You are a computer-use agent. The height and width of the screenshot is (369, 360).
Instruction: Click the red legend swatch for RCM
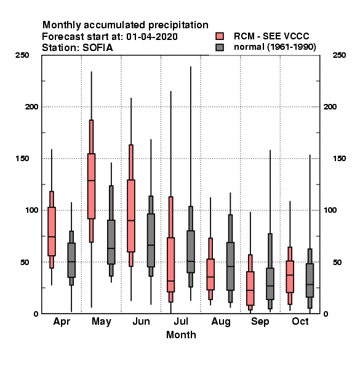point(220,36)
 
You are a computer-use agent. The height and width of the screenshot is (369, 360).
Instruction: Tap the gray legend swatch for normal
point(220,47)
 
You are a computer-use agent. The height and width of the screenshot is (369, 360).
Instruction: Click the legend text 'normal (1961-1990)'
point(274,47)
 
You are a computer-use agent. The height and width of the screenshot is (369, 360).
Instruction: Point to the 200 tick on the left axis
point(31,106)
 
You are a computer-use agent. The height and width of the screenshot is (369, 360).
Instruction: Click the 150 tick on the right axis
point(339,159)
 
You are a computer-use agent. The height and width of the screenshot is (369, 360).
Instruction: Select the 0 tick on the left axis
point(36,314)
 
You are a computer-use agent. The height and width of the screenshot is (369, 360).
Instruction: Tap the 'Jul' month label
point(181,321)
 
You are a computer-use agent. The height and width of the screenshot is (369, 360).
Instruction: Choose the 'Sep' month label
point(260,322)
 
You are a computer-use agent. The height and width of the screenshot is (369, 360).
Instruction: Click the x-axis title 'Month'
point(181,335)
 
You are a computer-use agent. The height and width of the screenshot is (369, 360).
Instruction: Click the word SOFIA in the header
point(97,48)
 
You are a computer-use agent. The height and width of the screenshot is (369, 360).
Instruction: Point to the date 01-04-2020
point(152,37)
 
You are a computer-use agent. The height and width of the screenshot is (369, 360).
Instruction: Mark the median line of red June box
point(131,221)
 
